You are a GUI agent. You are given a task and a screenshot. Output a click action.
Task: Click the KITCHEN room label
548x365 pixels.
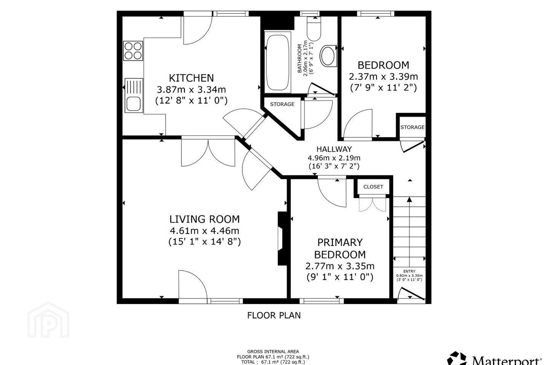pos(191,78)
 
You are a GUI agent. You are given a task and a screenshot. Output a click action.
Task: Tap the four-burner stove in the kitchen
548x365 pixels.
pos(133,51)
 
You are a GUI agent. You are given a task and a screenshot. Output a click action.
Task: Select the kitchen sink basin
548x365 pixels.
pos(134,104)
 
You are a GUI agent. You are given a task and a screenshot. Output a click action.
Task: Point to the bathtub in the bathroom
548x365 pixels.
pos(277,62)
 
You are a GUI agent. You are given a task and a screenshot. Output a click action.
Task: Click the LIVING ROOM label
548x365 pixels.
pos(204,219)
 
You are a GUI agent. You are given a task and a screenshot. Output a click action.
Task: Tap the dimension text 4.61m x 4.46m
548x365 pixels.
pos(204,230)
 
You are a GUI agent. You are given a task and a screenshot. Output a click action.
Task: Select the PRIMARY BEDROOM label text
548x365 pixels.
pos(340,248)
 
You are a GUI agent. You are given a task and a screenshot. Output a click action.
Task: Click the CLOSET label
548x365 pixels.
pos(373,187)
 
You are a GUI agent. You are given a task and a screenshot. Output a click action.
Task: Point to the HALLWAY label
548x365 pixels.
pos(334,149)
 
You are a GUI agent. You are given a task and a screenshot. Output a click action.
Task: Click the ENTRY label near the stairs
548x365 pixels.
pos(409,271)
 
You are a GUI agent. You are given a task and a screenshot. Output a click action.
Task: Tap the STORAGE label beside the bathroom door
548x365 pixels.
pos(282,104)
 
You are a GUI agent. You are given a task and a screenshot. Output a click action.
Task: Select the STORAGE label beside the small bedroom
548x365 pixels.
pos(413,127)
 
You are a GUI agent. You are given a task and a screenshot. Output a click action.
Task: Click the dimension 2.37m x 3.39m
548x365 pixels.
pos(383,77)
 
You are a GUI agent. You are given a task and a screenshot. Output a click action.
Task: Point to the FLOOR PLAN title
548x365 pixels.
pos(274,315)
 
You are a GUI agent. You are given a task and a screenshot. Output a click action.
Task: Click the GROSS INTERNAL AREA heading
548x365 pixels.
pos(273,352)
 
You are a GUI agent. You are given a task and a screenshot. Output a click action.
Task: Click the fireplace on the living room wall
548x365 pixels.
pos(282,238)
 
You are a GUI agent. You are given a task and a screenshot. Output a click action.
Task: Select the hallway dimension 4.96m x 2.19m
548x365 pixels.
pos(334,158)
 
